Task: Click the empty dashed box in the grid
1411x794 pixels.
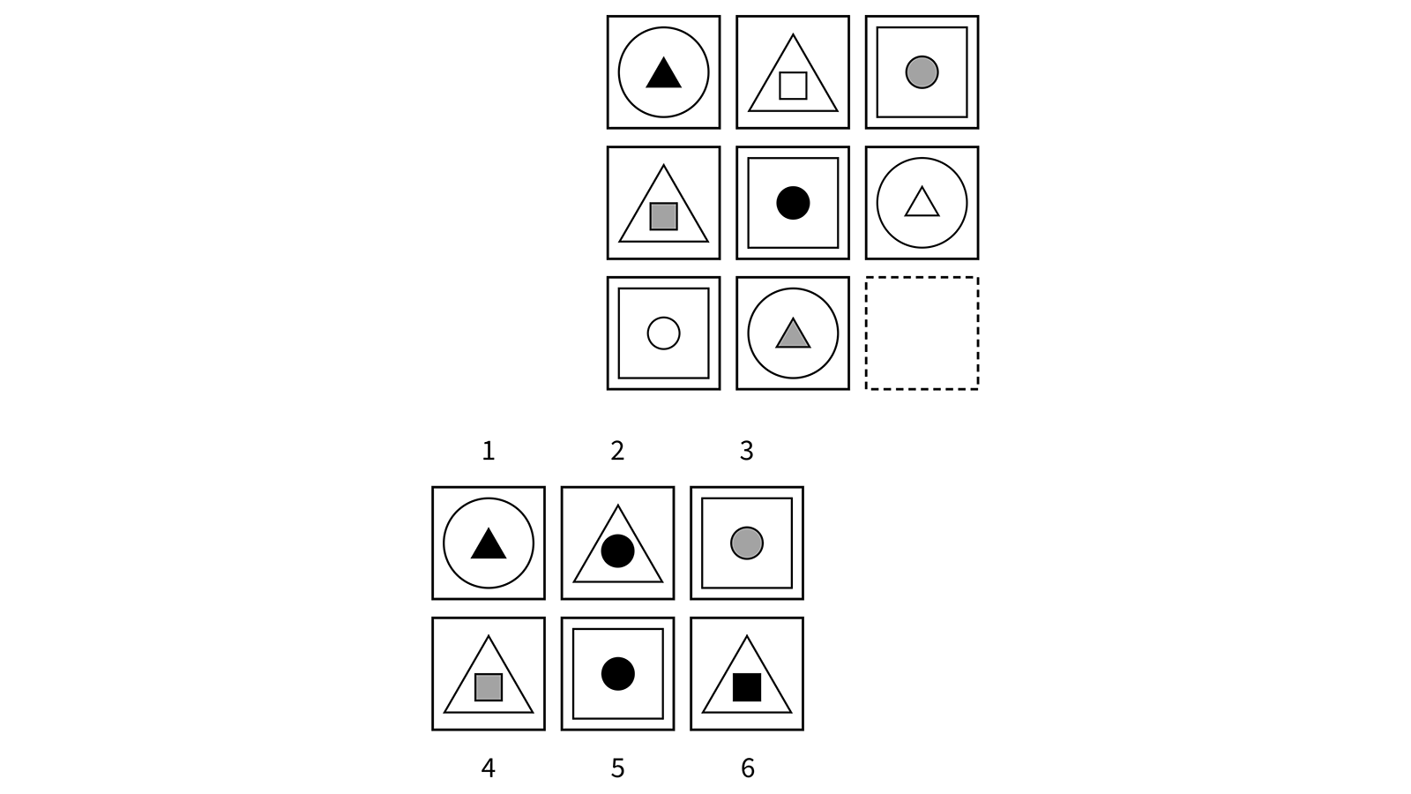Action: coord(922,333)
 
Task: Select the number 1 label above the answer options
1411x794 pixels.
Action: coord(488,452)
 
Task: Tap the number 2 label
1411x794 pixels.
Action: coord(617,452)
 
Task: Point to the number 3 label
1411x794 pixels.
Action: coord(746,452)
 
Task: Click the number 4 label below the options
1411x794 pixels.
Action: coord(488,768)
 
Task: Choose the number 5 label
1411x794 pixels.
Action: coord(617,768)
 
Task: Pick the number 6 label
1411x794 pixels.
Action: coord(747,768)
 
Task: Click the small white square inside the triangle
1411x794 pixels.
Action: coord(793,86)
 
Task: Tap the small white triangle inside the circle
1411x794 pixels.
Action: coord(922,203)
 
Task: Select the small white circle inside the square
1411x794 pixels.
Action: coord(663,333)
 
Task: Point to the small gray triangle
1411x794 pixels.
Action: coord(793,334)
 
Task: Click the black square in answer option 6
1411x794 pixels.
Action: coord(747,687)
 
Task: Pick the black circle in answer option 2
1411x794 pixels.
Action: coord(617,551)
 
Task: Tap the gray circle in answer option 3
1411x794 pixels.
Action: coord(746,543)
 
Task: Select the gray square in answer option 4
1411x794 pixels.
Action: coord(489,687)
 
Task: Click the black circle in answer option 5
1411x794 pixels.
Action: coord(617,674)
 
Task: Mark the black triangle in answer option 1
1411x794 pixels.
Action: coord(489,545)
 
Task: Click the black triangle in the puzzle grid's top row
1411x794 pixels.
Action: coord(663,74)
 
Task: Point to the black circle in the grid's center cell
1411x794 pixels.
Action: coord(793,203)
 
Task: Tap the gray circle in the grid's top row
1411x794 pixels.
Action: coord(922,71)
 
